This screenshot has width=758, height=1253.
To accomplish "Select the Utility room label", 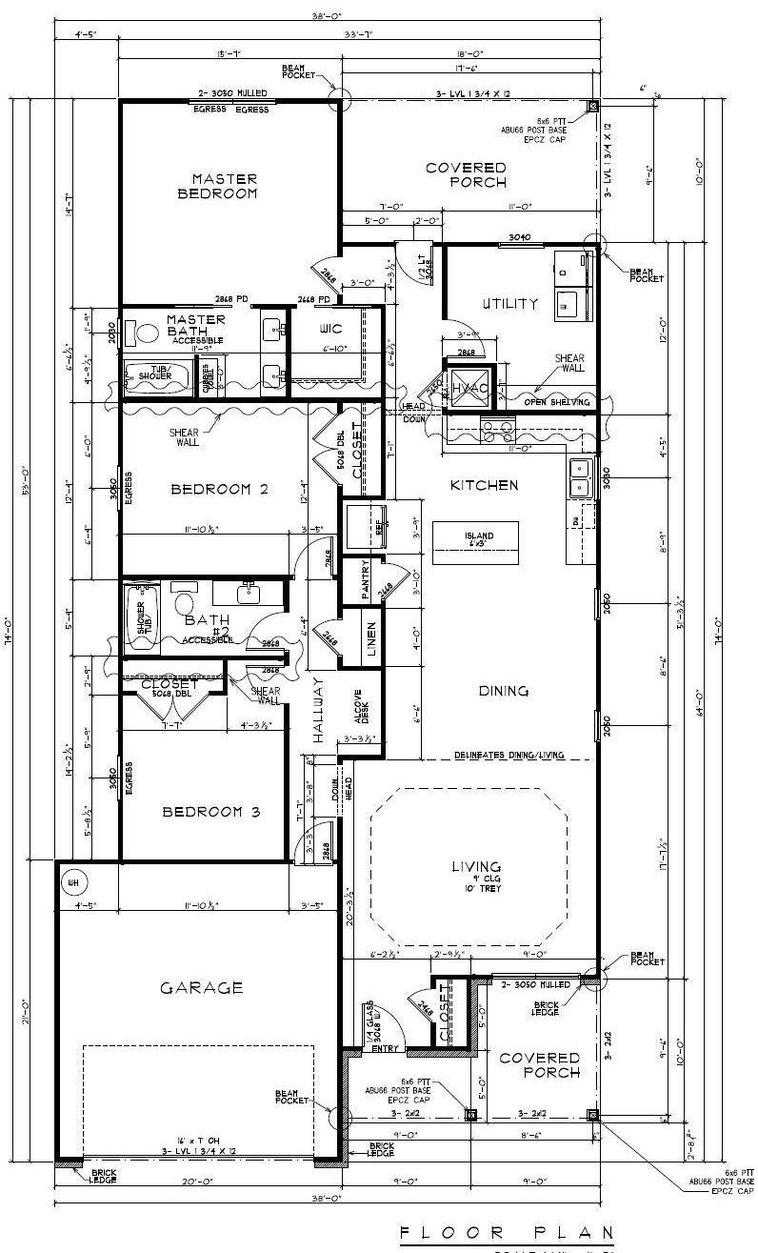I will [x=509, y=304].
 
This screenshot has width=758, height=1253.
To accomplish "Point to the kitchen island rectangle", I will [x=475, y=539].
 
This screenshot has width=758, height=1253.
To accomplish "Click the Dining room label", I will [x=504, y=691].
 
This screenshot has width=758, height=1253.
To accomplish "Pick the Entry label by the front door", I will [x=385, y=1048].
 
